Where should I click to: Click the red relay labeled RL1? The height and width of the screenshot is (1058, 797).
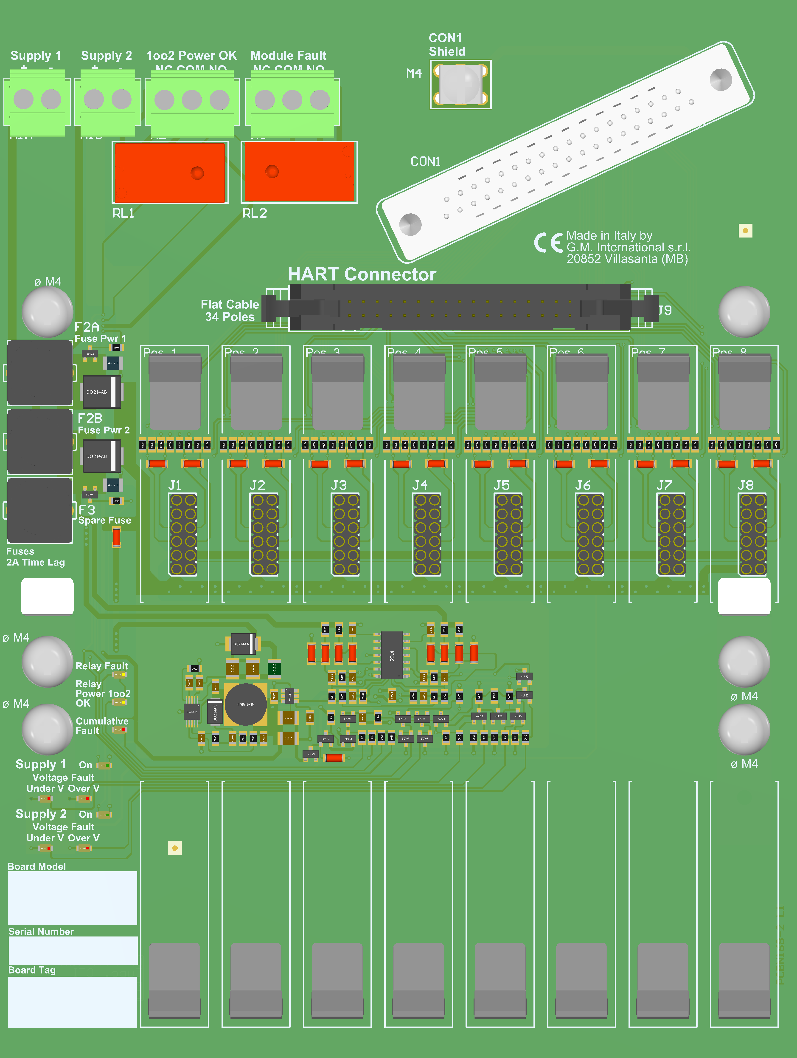pos(170,172)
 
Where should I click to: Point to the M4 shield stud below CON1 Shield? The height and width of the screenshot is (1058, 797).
pos(460,84)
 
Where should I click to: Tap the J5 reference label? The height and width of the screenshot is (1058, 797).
pos(502,486)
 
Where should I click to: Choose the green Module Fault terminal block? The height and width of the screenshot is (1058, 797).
pos(292,102)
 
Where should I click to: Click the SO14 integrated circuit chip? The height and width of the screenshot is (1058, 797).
pos(392,655)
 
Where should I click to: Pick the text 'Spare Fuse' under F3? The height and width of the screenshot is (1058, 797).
pos(105,521)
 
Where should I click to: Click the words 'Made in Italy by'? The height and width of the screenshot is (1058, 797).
pos(609,236)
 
